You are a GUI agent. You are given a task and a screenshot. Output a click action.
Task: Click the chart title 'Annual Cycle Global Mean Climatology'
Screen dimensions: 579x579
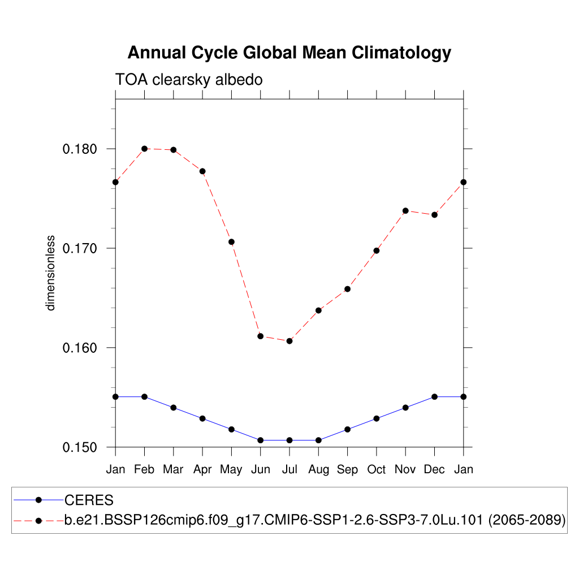tap(289, 53)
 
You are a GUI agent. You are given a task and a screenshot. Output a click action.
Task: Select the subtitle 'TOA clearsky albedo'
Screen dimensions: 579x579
tap(189, 80)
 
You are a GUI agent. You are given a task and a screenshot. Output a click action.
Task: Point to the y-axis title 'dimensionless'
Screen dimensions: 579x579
tap(51, 273)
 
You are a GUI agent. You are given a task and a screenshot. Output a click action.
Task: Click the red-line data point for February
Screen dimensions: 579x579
tap(144, 149)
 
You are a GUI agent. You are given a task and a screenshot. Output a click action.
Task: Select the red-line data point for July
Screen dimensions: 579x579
tap(289, 341)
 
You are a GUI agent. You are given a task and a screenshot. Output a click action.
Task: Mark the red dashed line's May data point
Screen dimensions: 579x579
tap(231, 242)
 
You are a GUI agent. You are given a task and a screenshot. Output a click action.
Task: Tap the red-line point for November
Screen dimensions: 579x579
tap(405, 211)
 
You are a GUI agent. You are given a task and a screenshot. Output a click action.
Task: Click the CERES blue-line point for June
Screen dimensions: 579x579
tap(260, 440)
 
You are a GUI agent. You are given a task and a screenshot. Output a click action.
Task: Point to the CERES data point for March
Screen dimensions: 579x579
tap(174, 408)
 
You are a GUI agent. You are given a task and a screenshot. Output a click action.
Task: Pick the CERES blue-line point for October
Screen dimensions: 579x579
tap(377, 418)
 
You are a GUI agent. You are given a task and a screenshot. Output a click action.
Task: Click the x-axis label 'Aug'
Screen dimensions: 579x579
tap(318, 470)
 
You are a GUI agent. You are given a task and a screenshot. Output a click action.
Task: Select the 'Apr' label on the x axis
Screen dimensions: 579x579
tap(202, 470)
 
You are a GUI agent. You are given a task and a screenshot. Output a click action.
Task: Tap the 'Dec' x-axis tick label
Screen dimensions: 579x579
tap(434, 470)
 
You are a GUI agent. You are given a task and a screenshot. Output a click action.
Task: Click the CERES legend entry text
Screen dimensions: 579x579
tap(89, 500)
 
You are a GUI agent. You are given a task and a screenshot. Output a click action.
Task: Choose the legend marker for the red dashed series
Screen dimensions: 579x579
tap(38, 520)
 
